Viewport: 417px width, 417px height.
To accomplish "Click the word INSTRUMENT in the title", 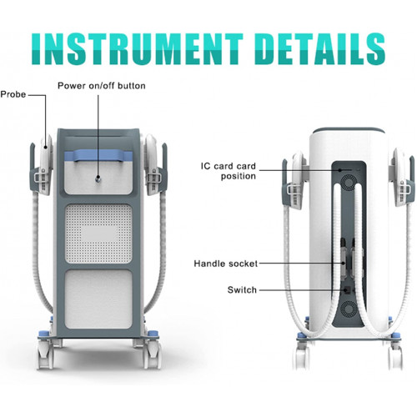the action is [138, 49].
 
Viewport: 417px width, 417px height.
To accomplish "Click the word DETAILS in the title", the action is [319, 49].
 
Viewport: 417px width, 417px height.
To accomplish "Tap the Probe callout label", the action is [13, 94].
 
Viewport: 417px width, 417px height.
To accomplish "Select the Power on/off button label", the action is [102, 86].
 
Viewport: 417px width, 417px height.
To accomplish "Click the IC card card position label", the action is [228, 171].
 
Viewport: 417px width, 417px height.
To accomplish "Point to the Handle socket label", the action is [226, 264].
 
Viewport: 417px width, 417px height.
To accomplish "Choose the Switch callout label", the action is [242, 290].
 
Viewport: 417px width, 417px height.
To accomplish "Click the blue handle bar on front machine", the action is [98, 156].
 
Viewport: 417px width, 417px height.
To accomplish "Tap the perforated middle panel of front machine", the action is [98, 234].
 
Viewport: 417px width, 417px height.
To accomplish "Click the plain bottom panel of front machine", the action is [98, 299].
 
